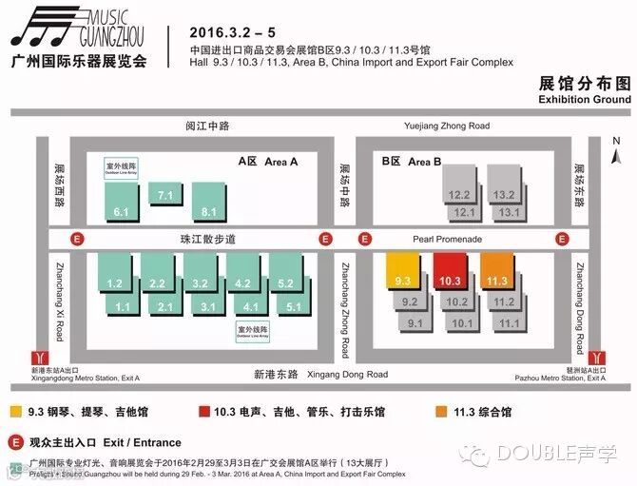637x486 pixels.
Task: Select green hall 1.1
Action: pos(123,306)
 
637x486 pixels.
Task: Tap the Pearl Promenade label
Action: pos(447,239)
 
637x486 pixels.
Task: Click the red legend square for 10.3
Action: pos(205,412)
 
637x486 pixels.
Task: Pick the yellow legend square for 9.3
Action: pos(16,412)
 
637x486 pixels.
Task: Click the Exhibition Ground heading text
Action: pos(584,99)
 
